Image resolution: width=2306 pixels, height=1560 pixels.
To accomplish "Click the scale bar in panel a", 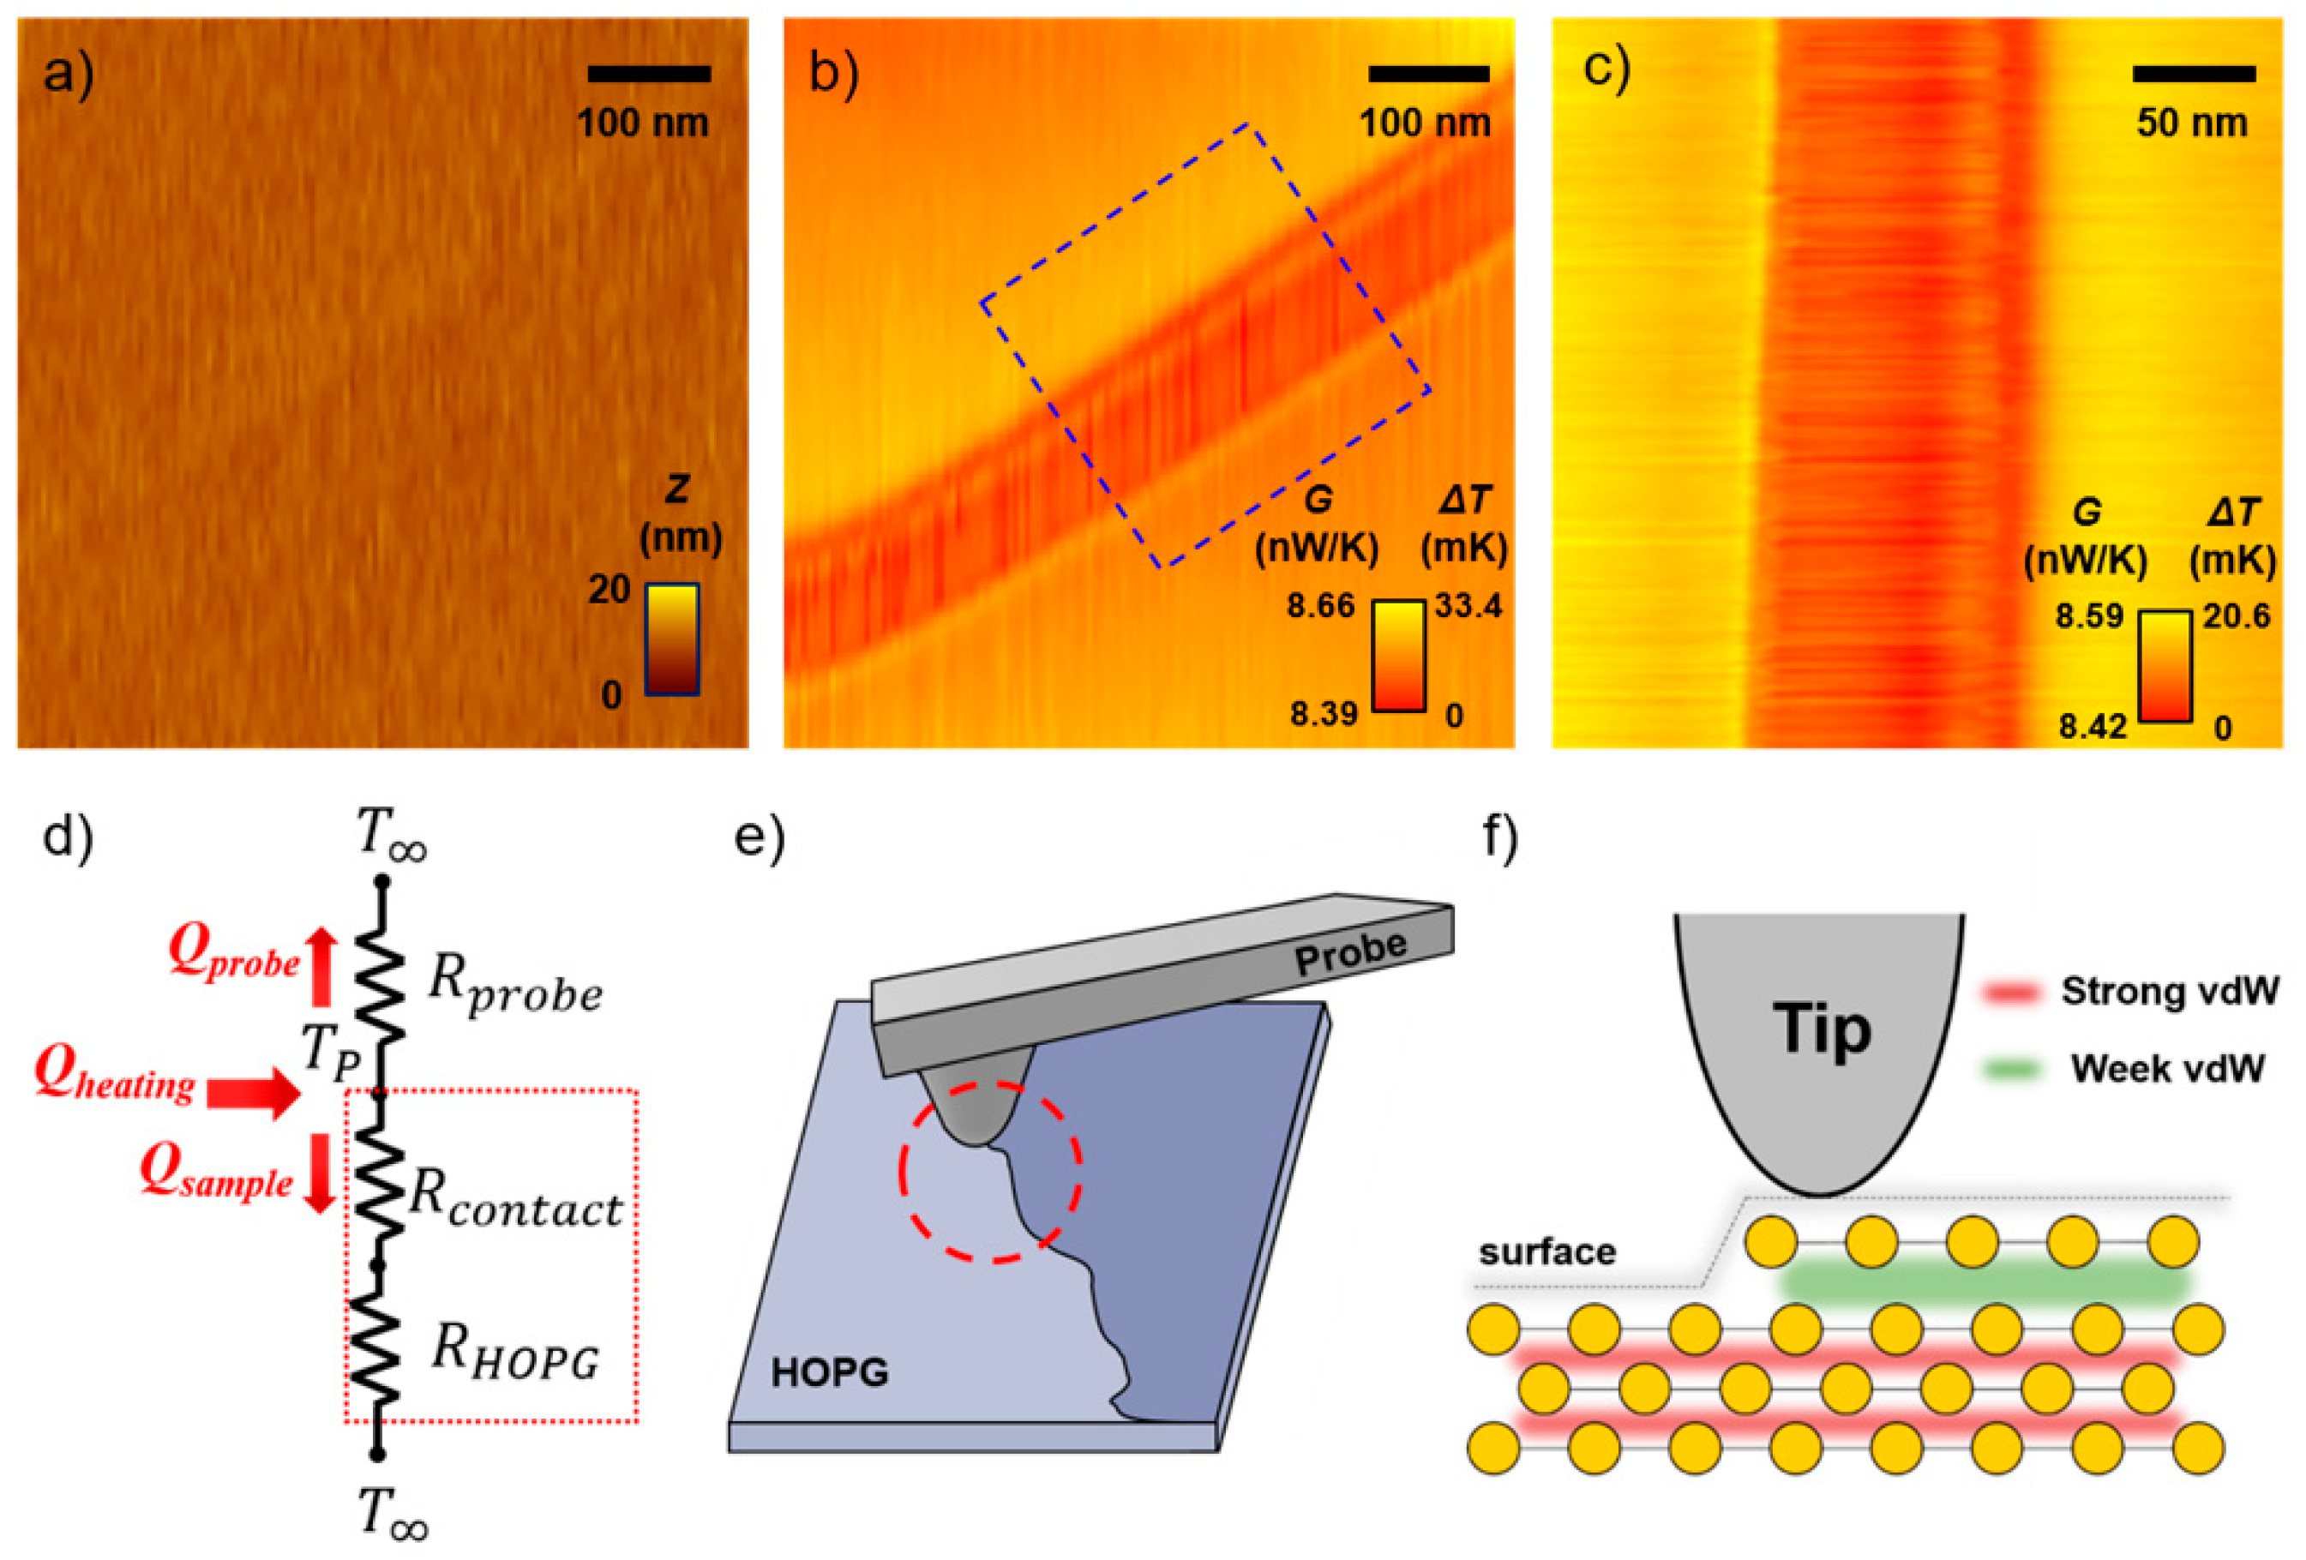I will point(649,74).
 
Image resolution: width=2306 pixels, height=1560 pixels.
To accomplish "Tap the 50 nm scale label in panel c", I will point(2192,123).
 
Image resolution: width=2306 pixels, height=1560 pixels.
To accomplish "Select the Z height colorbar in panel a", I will point(672,639).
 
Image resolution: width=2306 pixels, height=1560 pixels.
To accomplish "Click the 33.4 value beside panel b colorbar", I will point(1468,606).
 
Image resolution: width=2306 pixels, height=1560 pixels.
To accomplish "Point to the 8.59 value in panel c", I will point(2089,616).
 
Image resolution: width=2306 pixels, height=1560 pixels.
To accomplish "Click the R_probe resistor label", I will point(515,992).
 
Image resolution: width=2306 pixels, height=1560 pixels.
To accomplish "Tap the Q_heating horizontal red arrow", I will point(252,1094).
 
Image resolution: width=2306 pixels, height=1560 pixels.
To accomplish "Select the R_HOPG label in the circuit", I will point(515,1354).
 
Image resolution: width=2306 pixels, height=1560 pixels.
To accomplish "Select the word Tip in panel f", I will point(1822,1029).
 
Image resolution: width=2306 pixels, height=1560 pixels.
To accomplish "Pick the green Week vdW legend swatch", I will point(2011,1069).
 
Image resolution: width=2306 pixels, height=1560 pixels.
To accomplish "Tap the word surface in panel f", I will point(1547,1252).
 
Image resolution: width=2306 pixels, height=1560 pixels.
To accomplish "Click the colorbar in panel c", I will point(2164,666).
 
